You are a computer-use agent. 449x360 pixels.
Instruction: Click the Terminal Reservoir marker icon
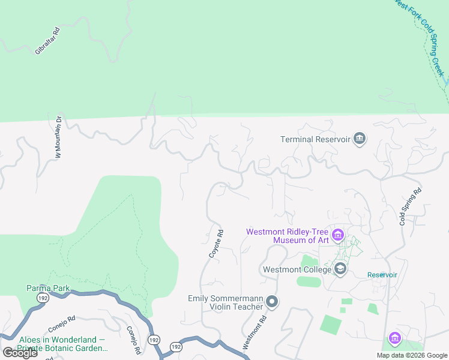[359, 139]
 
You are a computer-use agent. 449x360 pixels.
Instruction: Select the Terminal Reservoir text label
[315, 139]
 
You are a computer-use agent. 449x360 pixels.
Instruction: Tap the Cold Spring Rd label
[411, 207]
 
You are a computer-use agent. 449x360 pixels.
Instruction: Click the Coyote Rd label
[216, 244]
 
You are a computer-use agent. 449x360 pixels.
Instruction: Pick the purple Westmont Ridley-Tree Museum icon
[338, 235]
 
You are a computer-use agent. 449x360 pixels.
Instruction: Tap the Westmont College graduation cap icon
[340, 269]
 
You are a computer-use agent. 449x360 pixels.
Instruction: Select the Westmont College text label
[297, 269]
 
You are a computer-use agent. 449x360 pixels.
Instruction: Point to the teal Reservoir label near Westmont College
[382, 275]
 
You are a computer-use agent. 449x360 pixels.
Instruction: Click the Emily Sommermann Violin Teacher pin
[272, 302]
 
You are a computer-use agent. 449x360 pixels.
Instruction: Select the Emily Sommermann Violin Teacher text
[226, 302]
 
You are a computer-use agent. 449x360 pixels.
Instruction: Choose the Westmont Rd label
[254, 332]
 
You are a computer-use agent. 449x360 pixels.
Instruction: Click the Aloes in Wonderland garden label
[62, 343]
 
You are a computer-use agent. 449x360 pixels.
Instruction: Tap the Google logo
[19, 353]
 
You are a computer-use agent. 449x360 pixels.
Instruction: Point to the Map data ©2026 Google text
[412, 355]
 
